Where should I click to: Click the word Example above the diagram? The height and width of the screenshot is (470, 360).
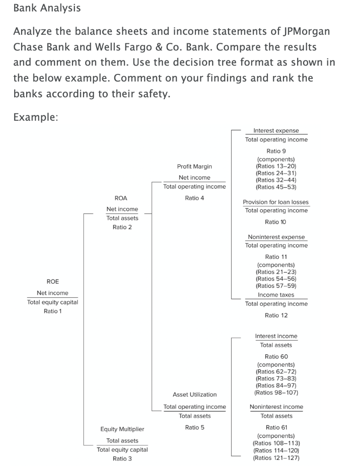tap(35, 117)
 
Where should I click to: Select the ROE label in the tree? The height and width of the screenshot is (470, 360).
tap(53, 281)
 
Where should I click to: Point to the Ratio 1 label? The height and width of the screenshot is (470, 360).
tap(53, 311)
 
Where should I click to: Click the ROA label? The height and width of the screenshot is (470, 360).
tap(122, 198)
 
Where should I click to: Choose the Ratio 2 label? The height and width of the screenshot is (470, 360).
tap(122, 227)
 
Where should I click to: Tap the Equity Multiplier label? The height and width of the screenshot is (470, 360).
tap(122, 429)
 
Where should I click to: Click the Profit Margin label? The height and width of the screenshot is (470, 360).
tap(194, 166)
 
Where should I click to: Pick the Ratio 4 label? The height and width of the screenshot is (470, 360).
tap(194, 198)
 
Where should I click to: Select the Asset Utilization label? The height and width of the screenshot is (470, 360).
tap(194, 394)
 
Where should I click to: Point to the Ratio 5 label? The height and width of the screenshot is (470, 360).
tap(194, 427)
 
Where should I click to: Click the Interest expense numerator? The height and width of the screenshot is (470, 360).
tap(276, 131)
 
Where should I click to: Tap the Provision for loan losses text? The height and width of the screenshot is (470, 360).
tap(276, 202)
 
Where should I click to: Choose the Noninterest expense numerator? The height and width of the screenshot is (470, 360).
tap(276, 237)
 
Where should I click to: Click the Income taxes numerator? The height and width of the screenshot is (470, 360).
tap(276, 295)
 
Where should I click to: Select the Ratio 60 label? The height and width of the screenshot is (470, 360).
tap(276, 356)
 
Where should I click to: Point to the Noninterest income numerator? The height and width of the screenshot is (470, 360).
tap(276, 407)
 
